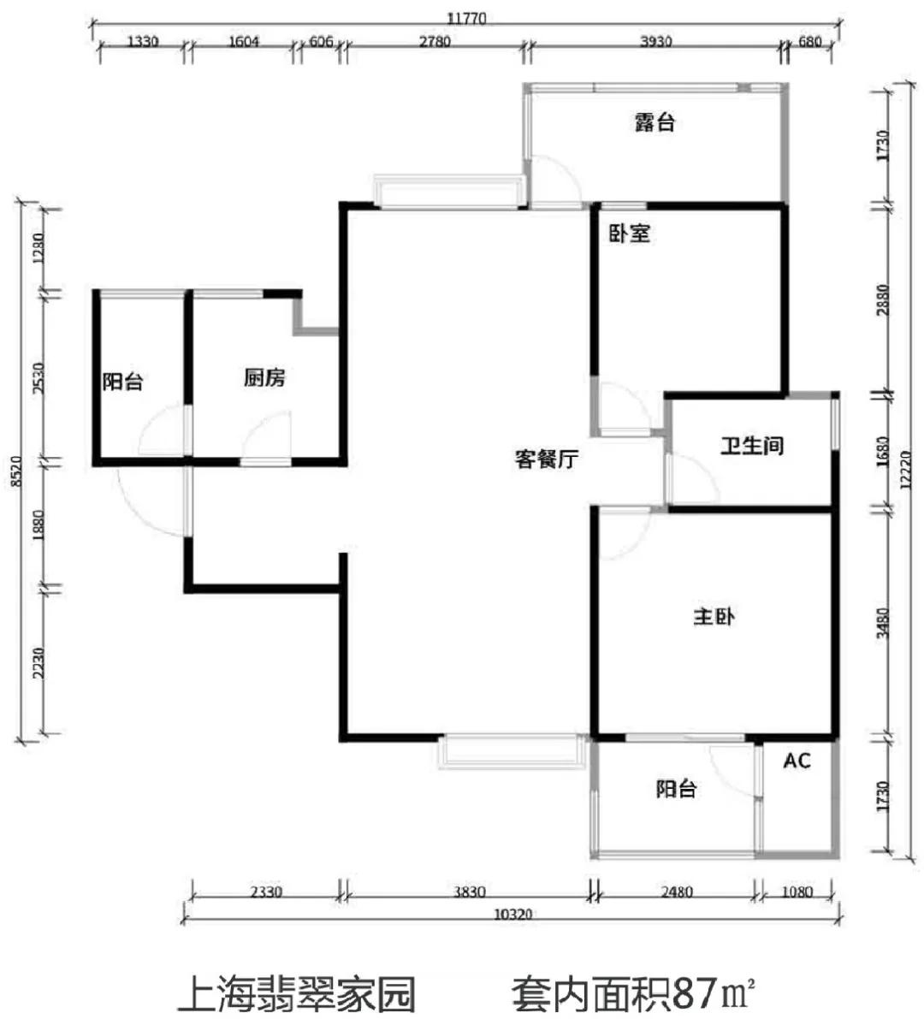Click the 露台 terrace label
(x=655, y=122)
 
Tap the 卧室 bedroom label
(x=629, y=234)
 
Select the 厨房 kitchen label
(x=264, y=377)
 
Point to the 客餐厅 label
(x=547, y=459)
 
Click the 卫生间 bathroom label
(x=752, y=445)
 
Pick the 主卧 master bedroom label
(x=714, y=616)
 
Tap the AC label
(x=797, y=761)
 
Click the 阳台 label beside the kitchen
(x=122, y=381)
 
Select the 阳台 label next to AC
(x=676, y=789)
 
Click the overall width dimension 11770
(x=466, y=18)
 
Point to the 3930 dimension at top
(x=655, y=42)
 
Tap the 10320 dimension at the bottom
(x=512, y=915)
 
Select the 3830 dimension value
(x=469, y=892)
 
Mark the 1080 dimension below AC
(x=797, y=892)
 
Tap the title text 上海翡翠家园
(x=297, y=993)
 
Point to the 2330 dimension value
(x=266, y=892)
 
